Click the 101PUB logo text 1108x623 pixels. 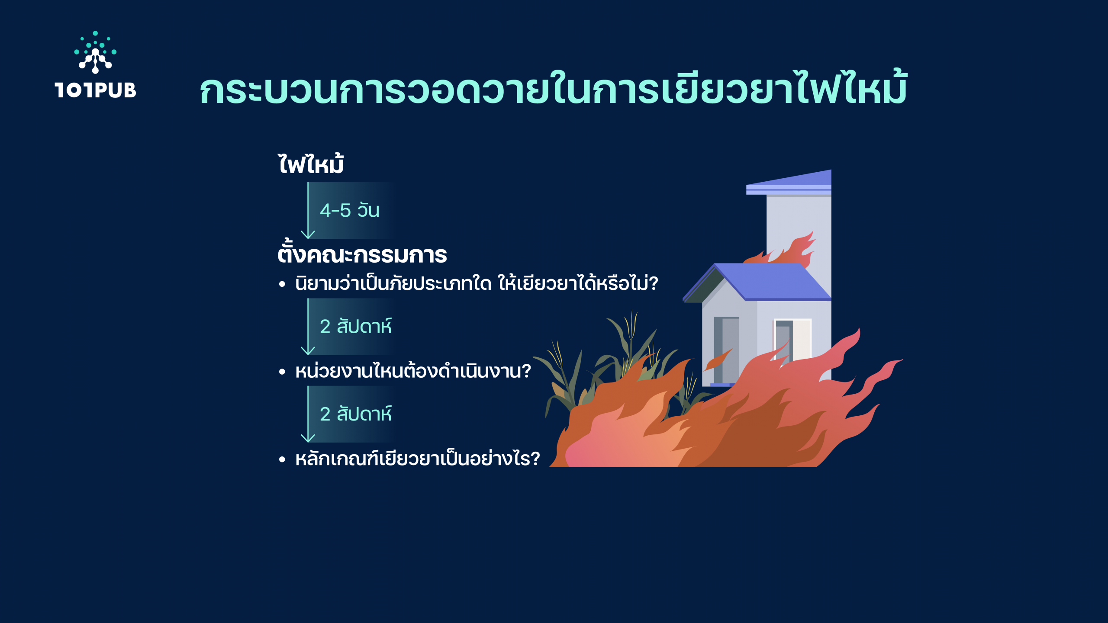click(x=95, y=90)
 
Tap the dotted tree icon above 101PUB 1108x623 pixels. click(x=95, y=52)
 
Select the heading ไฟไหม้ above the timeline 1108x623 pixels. click(x=311, y=164)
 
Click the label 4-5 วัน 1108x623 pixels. click(x=350, y=210)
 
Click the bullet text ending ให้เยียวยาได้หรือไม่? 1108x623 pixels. click(x=477, y=283)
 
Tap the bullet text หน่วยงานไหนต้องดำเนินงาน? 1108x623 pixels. click(x=413, y=371)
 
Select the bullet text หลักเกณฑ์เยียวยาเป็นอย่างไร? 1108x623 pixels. click(x=418, y=459)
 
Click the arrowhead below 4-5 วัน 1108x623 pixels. click(x=308, y=234)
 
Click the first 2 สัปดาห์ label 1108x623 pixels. click(x=356, y=326)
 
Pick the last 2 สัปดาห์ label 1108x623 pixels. click(x=356, y=414)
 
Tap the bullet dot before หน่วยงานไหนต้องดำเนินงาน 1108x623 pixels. click(x=282, y=372)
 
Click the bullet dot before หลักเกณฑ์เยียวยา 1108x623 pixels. click(x=282, y=459)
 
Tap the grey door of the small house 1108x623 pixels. click(x=726, y=350)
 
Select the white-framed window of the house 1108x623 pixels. click(x=792, y=340)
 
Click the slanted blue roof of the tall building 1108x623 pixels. click(x=789, y=183)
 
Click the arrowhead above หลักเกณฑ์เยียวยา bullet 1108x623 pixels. click(x=308, y=438)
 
